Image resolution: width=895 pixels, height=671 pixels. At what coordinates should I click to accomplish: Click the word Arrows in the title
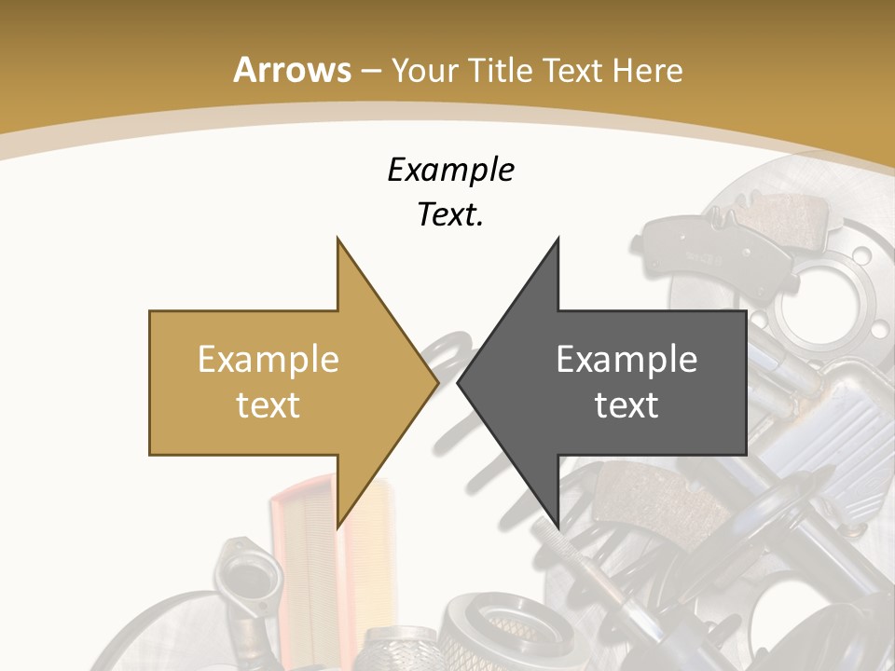click(x=291, y=70)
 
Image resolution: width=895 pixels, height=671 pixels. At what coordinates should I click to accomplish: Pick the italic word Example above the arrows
click(x=450, y=171)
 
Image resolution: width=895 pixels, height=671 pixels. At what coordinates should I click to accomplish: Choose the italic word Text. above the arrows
click(x=450, y=215)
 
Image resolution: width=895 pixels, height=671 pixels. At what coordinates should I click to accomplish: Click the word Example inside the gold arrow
click(x=268, y=360)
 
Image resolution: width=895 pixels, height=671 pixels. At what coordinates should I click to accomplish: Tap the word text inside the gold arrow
click(x=268, y=404)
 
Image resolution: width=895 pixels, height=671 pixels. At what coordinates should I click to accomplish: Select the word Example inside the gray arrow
click(x=626, y=360)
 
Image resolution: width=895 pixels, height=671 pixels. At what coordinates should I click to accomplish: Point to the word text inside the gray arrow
click(x=626, y=404)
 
